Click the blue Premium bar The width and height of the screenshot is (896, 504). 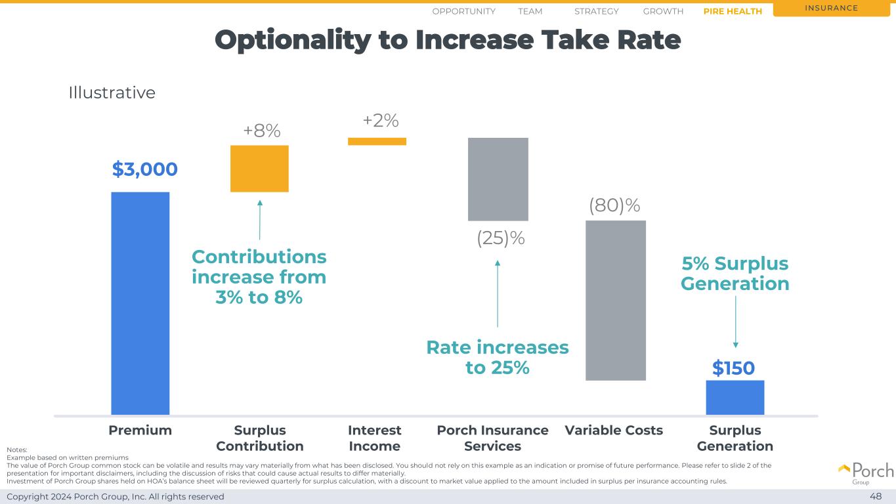click(140, 303)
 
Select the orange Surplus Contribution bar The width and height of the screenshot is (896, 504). click(259, 169)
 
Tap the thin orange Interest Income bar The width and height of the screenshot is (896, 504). click(377, 141)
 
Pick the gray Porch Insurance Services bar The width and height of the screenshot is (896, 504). click(498, 179)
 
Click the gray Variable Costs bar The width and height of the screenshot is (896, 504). click(615, 300)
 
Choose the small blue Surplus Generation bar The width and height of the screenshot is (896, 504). click(735, 397)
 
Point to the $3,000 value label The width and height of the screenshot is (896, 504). click(144, 169)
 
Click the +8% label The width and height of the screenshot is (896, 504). click(261, 131)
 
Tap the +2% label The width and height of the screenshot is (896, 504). click(381, 121)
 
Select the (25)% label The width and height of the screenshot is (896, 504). click(500, 239)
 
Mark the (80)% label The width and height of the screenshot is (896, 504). click(614, 205)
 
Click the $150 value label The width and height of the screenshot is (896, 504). click(733, 369)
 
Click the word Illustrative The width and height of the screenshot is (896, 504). click(112, 93)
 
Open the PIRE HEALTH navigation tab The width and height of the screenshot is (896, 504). click(732, 11)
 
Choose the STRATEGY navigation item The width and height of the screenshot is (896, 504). click(596, 11)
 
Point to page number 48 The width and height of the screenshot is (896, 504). click(876, 496)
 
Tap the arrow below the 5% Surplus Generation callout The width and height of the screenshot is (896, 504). click(735, 322)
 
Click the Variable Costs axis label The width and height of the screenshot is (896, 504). click(614, 430)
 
